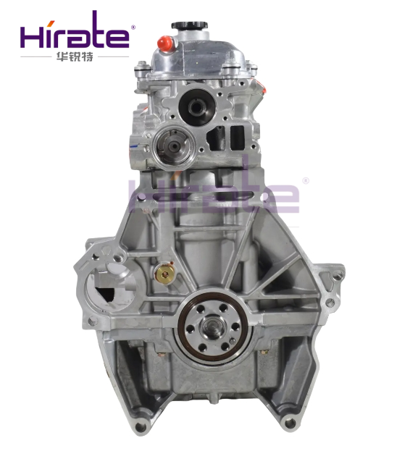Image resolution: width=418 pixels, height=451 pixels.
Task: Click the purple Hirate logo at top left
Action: click(x=75, y=30)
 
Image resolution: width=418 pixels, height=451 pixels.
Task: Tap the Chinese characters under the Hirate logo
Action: click(x=75, y=56)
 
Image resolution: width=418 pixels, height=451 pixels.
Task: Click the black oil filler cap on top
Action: click(x=190, y=25)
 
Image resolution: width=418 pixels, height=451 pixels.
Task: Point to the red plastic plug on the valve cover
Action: click(x=165, y=43)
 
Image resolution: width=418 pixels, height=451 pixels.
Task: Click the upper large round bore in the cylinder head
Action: click(x=196, y=107)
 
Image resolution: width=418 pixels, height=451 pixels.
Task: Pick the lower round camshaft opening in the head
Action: click(x=174, y=146)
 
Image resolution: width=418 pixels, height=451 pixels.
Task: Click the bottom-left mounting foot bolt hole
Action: click(x=141, y=426)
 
